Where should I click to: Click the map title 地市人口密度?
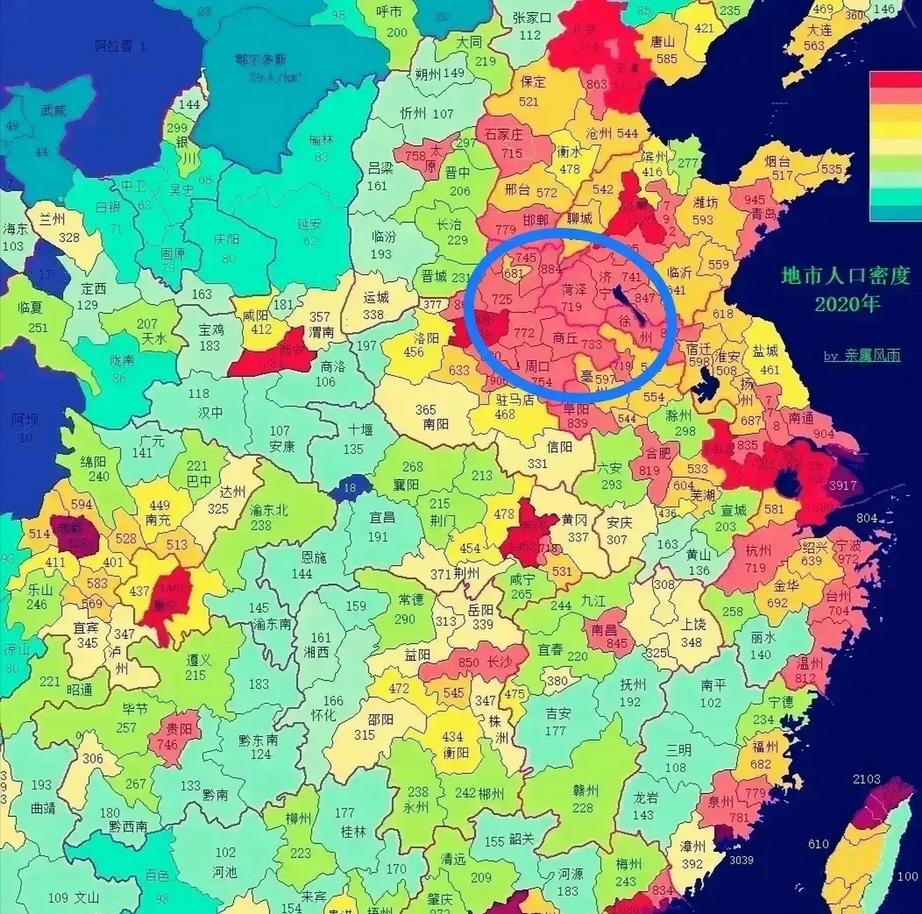click(846, 276)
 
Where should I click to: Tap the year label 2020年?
click(847, 303)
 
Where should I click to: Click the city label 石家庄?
click(503, 134)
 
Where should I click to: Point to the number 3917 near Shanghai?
click(843, 486)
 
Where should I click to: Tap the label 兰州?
click(51, 219)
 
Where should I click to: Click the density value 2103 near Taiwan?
click(866, 778)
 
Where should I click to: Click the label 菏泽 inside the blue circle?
click(573, 290)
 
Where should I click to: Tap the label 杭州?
click(758, 551)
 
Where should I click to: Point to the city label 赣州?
click(585, 790)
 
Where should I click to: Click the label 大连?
click(819, 31)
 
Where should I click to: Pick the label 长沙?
click(499, 662)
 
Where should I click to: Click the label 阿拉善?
click(114, 46)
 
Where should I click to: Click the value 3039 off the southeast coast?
click(741, 860)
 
